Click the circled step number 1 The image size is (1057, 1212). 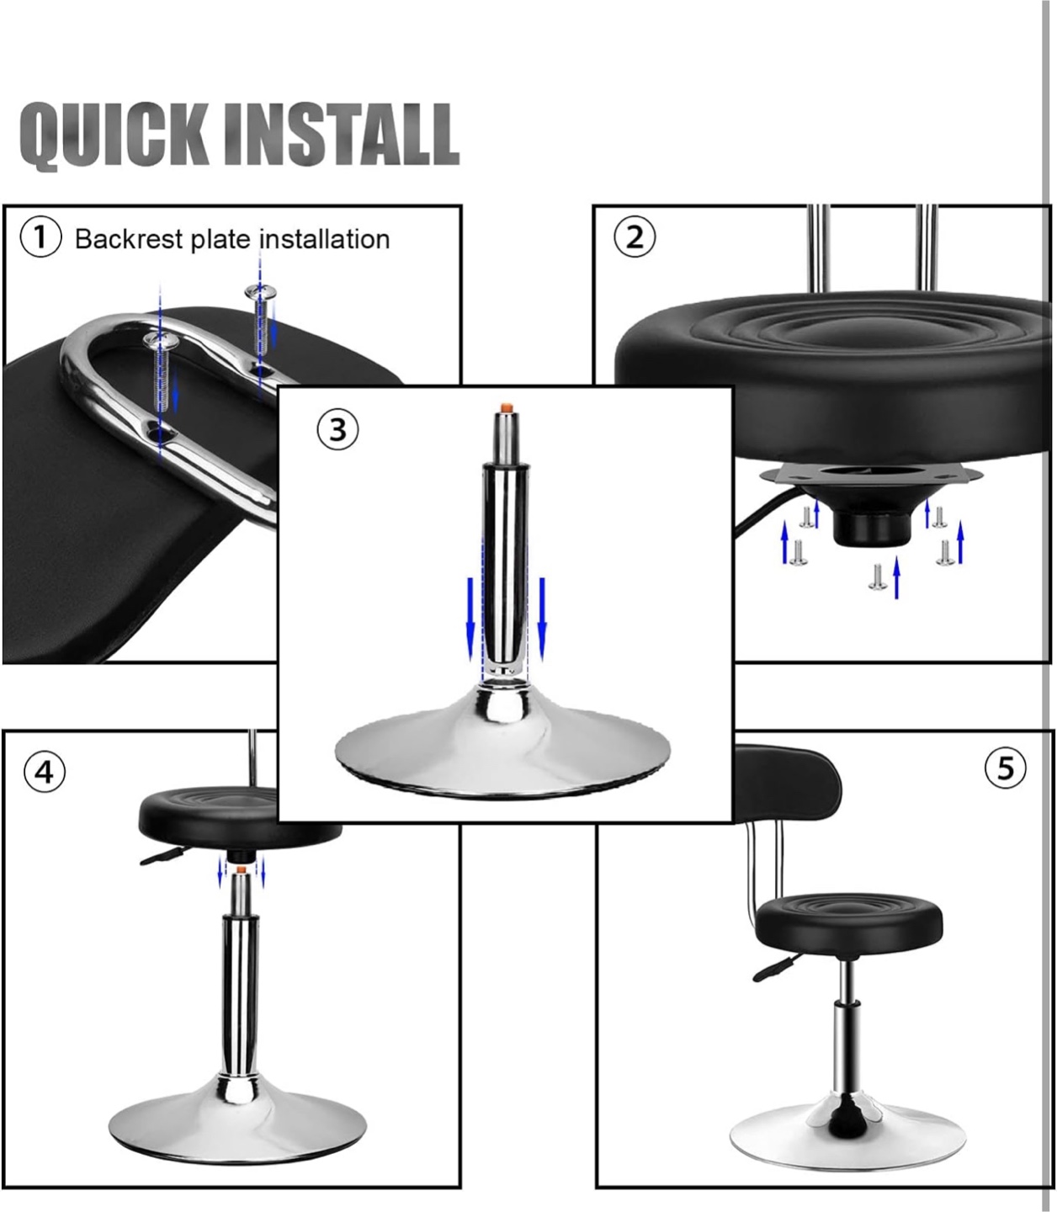point(40,237)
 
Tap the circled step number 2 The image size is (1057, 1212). point(635,237)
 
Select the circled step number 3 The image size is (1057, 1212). point(337,429)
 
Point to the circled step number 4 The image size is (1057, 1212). point(45,773)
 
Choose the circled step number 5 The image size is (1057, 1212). point(1006,769)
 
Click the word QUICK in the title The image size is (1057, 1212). point(114,135)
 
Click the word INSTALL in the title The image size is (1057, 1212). point(342,133)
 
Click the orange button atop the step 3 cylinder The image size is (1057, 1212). point(506,408)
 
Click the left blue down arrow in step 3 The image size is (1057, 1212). point(470,619)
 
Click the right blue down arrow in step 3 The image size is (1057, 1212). point(541,619)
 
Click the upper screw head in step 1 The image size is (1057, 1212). point(261,290)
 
